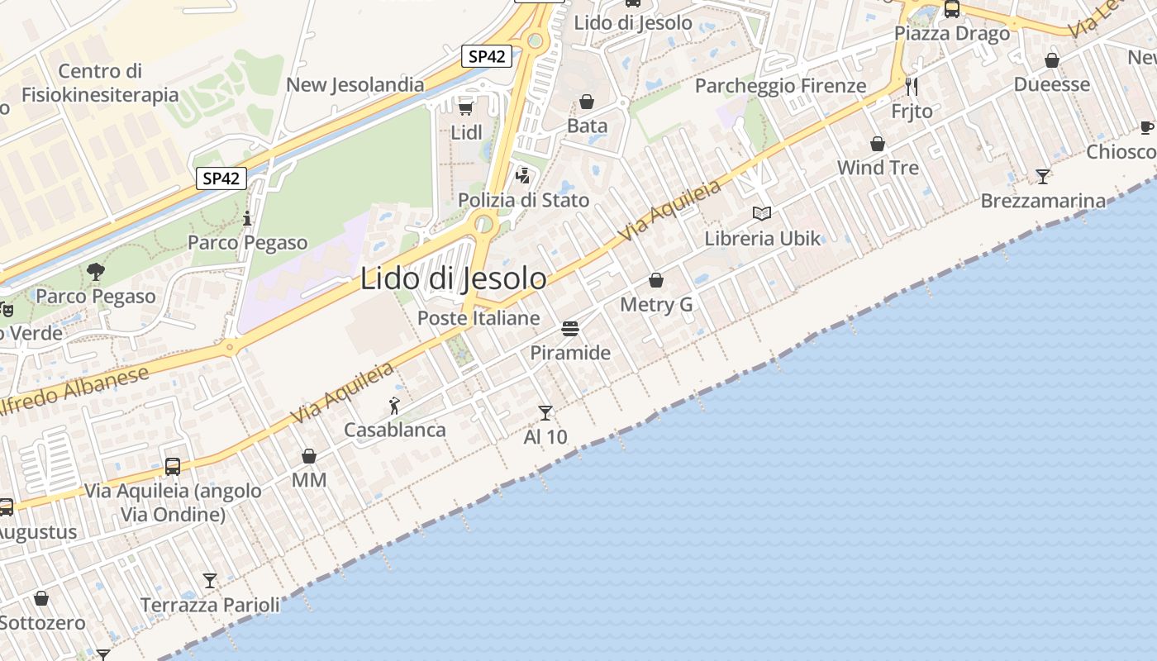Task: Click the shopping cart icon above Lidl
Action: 465,107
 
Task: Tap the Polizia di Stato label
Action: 524,200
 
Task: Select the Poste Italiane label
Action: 479,318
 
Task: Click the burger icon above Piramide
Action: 569,329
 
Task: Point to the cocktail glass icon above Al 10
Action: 545,412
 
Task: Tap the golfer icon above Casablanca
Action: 395,406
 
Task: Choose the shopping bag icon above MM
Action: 309,456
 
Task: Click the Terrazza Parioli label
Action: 210,605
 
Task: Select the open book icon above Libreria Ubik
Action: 762,214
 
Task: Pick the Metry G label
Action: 656,305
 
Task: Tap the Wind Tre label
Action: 878,168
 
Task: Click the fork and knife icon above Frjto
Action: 912,86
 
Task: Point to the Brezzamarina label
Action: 1043,201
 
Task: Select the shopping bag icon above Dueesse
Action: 1052,60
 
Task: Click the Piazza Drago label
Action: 952,34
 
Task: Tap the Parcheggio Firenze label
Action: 780,86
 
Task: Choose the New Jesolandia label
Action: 355,84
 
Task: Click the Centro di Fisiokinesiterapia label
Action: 100,83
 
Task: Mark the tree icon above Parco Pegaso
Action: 96,271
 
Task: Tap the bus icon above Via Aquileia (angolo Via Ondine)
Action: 173,467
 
